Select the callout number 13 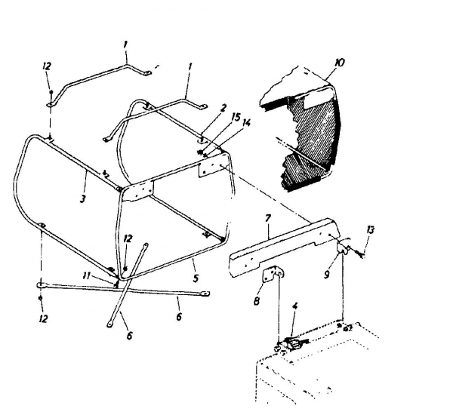tap(369, 229)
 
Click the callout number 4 tap(294, 307)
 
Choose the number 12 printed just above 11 tap(128, 238)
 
